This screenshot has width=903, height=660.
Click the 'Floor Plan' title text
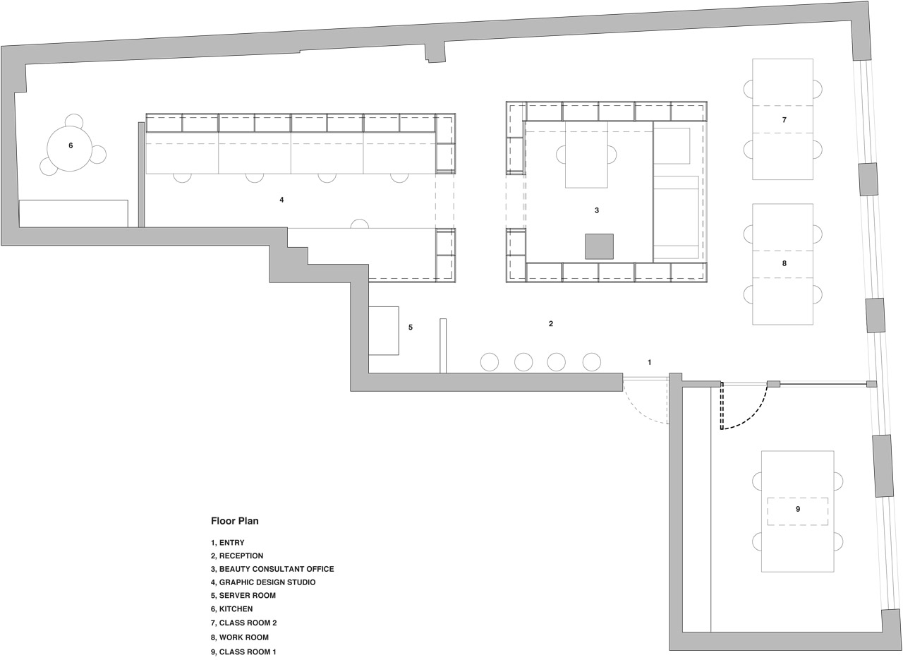(x=235, y=521)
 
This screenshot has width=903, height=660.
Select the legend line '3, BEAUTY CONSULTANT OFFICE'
(x=272, y=569)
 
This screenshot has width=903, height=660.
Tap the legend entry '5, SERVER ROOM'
(x=243, y=596)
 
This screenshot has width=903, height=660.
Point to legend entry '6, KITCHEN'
(x=232, y=609)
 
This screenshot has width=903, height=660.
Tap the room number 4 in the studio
(x=281, y=200)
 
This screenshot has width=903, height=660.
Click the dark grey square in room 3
(x=600, y=246)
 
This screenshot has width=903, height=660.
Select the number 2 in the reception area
(x=551, y=323)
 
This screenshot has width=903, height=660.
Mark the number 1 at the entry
(x=650, y=363)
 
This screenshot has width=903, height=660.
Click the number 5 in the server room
(x=411, y=327)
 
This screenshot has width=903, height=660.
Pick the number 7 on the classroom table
(x=784, y=120)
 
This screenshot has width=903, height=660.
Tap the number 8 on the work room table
(x=784, y=263)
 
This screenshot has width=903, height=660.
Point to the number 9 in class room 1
(x=798, y=509)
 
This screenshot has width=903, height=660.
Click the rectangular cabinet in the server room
(x=384, y=331)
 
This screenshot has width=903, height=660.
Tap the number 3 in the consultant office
(x=597, y=210)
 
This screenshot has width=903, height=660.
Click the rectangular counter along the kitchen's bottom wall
(x=74, y=213)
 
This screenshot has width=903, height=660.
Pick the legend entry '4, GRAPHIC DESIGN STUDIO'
(x=263, y=582)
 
